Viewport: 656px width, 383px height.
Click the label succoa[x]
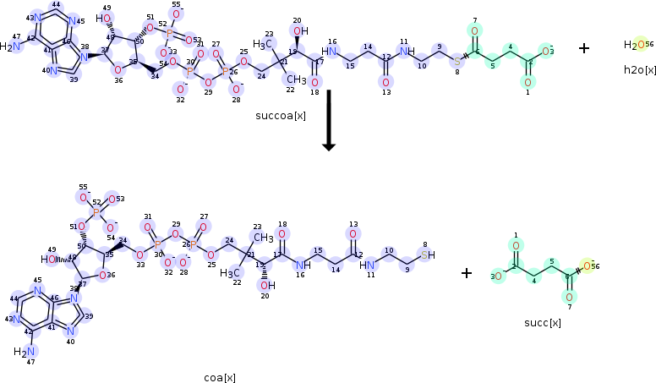pos(281,115)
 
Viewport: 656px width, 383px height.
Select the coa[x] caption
pos(220,377)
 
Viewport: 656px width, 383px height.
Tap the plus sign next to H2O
pos(584,48)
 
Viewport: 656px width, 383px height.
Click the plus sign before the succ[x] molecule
pos(467,273)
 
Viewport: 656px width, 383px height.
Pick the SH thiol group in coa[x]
pos(428,254)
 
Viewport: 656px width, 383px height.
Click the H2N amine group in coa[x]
pos(27,351)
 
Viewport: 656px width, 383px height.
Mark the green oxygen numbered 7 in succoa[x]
pos(474,31)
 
